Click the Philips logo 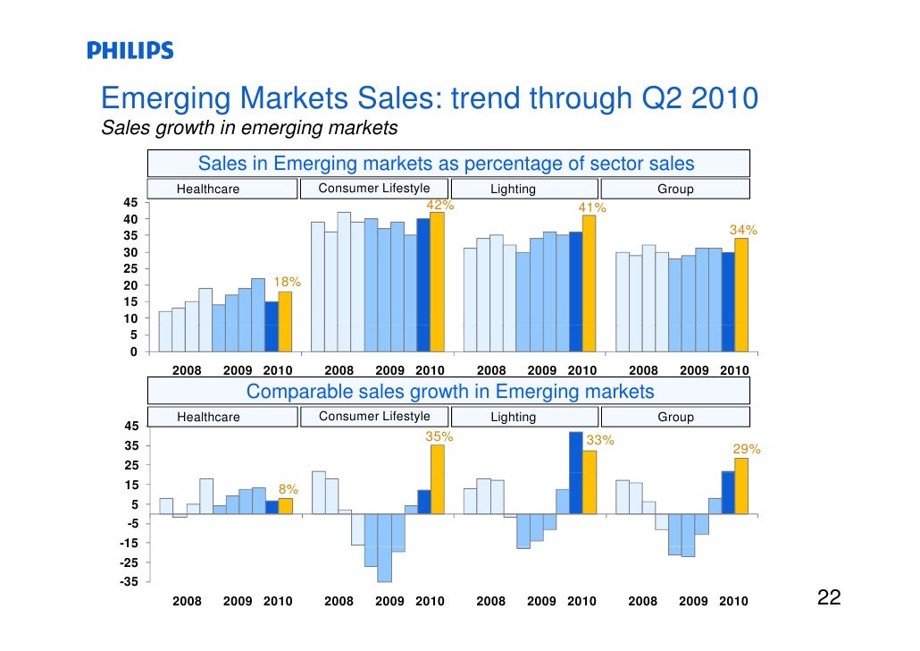[x=130, y=50]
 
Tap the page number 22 [x=829, y=598]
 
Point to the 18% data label [x=287, y=282]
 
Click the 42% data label [x=439, y=205]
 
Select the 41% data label [x=592, y=207]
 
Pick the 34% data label [x=743, y=230]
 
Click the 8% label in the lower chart [x=289, y=489]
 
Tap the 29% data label [x=747, y=449]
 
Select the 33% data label [x=599, y=440]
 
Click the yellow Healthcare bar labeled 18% [x=285, y=321]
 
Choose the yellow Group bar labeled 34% [x=741, y=294]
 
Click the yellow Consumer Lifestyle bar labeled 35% [x=437, y=478]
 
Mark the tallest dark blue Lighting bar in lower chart [x=576, y=473]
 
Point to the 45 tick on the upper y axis [x=130, y=202]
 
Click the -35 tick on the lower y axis [x=128, y=581]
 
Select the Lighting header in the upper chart [x=513, y=189]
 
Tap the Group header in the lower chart [x=675, y=417]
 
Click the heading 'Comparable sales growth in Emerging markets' [x=449, y=392]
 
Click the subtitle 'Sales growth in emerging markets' [x=249, y=128]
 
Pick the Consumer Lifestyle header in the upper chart [x=373, y=188]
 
